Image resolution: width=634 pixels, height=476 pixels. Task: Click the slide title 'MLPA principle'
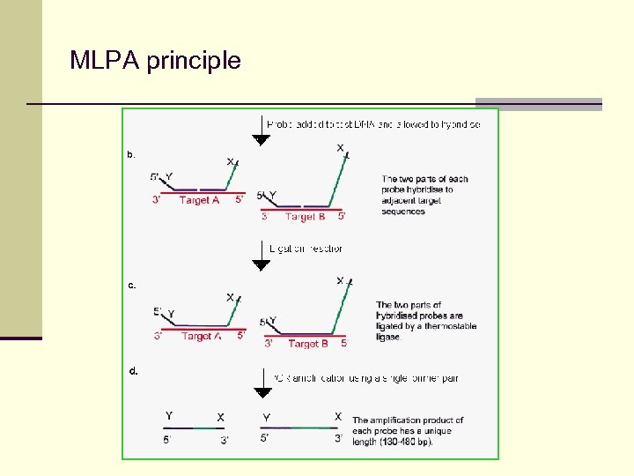(155, 61)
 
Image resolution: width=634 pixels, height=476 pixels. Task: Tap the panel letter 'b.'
(131, 154)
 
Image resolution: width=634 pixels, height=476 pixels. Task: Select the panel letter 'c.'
(131, 285)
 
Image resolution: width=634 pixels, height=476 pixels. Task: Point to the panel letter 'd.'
(133, 371)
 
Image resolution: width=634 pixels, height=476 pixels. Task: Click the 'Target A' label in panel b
(199, 200)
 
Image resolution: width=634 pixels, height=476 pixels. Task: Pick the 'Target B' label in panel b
(305, 216)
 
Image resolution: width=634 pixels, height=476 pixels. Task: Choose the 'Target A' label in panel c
(201, 336)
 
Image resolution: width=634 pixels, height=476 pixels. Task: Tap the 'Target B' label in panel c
(307, 344)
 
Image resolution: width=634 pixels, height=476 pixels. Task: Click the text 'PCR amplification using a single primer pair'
(365, 378)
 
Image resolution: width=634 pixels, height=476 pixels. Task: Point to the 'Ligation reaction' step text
(306, 249)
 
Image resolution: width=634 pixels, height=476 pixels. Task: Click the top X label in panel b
(340, 148)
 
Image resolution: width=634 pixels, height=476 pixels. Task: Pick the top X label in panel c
(340, 280)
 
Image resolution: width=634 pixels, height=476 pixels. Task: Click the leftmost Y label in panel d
(169, 416)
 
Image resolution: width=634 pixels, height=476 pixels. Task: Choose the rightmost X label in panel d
(338, 415)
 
